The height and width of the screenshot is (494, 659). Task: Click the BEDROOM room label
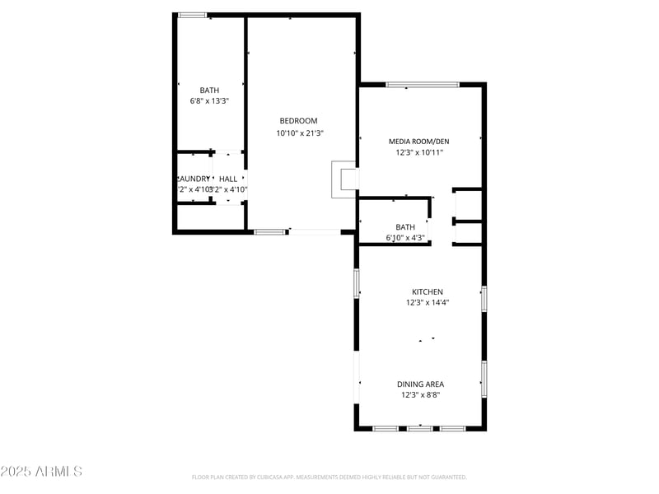[x=297, y=121]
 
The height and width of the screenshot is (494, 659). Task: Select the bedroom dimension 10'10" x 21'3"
[x=300, y=133]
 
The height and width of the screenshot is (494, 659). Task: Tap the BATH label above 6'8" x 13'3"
[x=209, y=91]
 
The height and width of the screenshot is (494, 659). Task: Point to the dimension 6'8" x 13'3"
[x=209, y=101]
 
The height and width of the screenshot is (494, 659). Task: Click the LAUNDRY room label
[x=194, y=179]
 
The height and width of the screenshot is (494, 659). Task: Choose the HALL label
[x=228, y=179]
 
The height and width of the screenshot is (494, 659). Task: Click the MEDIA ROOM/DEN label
[x=419, y=142]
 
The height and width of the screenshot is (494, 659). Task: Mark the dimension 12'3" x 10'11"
[x=420, y=152]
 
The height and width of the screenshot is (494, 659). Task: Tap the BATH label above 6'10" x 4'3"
[x=405, y=227]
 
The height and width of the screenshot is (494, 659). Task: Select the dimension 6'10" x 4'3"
[x=405, y=238]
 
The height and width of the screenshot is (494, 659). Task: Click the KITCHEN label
[x=428, y=292]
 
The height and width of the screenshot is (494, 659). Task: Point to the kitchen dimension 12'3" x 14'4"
[x=428, y=303]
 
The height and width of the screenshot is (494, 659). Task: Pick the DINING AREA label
[x=421, y=384]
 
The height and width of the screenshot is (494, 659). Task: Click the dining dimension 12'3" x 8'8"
[x=421, y=395]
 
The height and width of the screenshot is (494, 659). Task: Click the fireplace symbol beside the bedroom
[x=344, y=179]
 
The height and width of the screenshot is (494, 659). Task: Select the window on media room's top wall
[x=423, y=84]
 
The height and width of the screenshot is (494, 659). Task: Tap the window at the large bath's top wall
[x=193, y=15]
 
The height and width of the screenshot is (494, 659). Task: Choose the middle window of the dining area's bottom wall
[x=420, y=428]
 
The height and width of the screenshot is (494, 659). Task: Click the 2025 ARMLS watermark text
[x=41, y=472]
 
